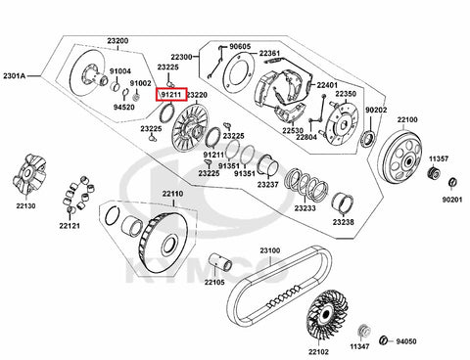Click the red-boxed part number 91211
point(171,95)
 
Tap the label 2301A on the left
point(15,76)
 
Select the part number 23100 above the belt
point(270,250)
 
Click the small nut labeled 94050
point(384,340)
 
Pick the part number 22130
point(26,206)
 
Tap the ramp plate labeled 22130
point(29,175)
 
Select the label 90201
point(452,200)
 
